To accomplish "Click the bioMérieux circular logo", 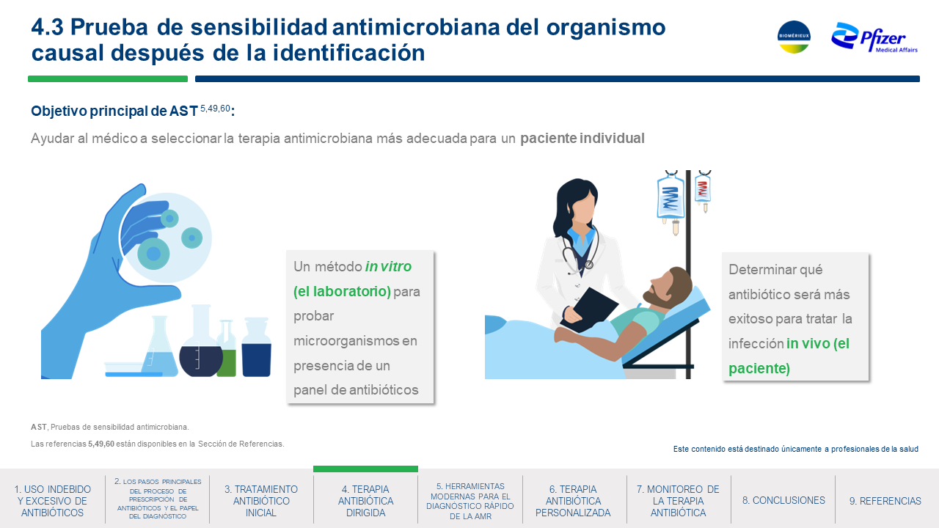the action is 794,37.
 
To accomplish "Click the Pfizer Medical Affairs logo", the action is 874,37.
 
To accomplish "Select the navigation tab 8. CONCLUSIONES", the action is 783,500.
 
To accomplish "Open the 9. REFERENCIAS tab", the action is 885,501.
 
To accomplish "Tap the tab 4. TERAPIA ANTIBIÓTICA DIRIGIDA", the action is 365,501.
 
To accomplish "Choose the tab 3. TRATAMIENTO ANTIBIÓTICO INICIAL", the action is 260,501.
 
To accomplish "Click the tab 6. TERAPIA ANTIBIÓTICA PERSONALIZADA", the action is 573,501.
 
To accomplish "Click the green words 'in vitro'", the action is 388,266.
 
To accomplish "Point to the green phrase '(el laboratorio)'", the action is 342,291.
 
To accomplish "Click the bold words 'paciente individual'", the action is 582,139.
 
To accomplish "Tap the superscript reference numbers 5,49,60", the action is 215,109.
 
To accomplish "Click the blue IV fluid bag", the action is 671,198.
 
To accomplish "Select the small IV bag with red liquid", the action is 703,190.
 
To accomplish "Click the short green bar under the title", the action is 108,78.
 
